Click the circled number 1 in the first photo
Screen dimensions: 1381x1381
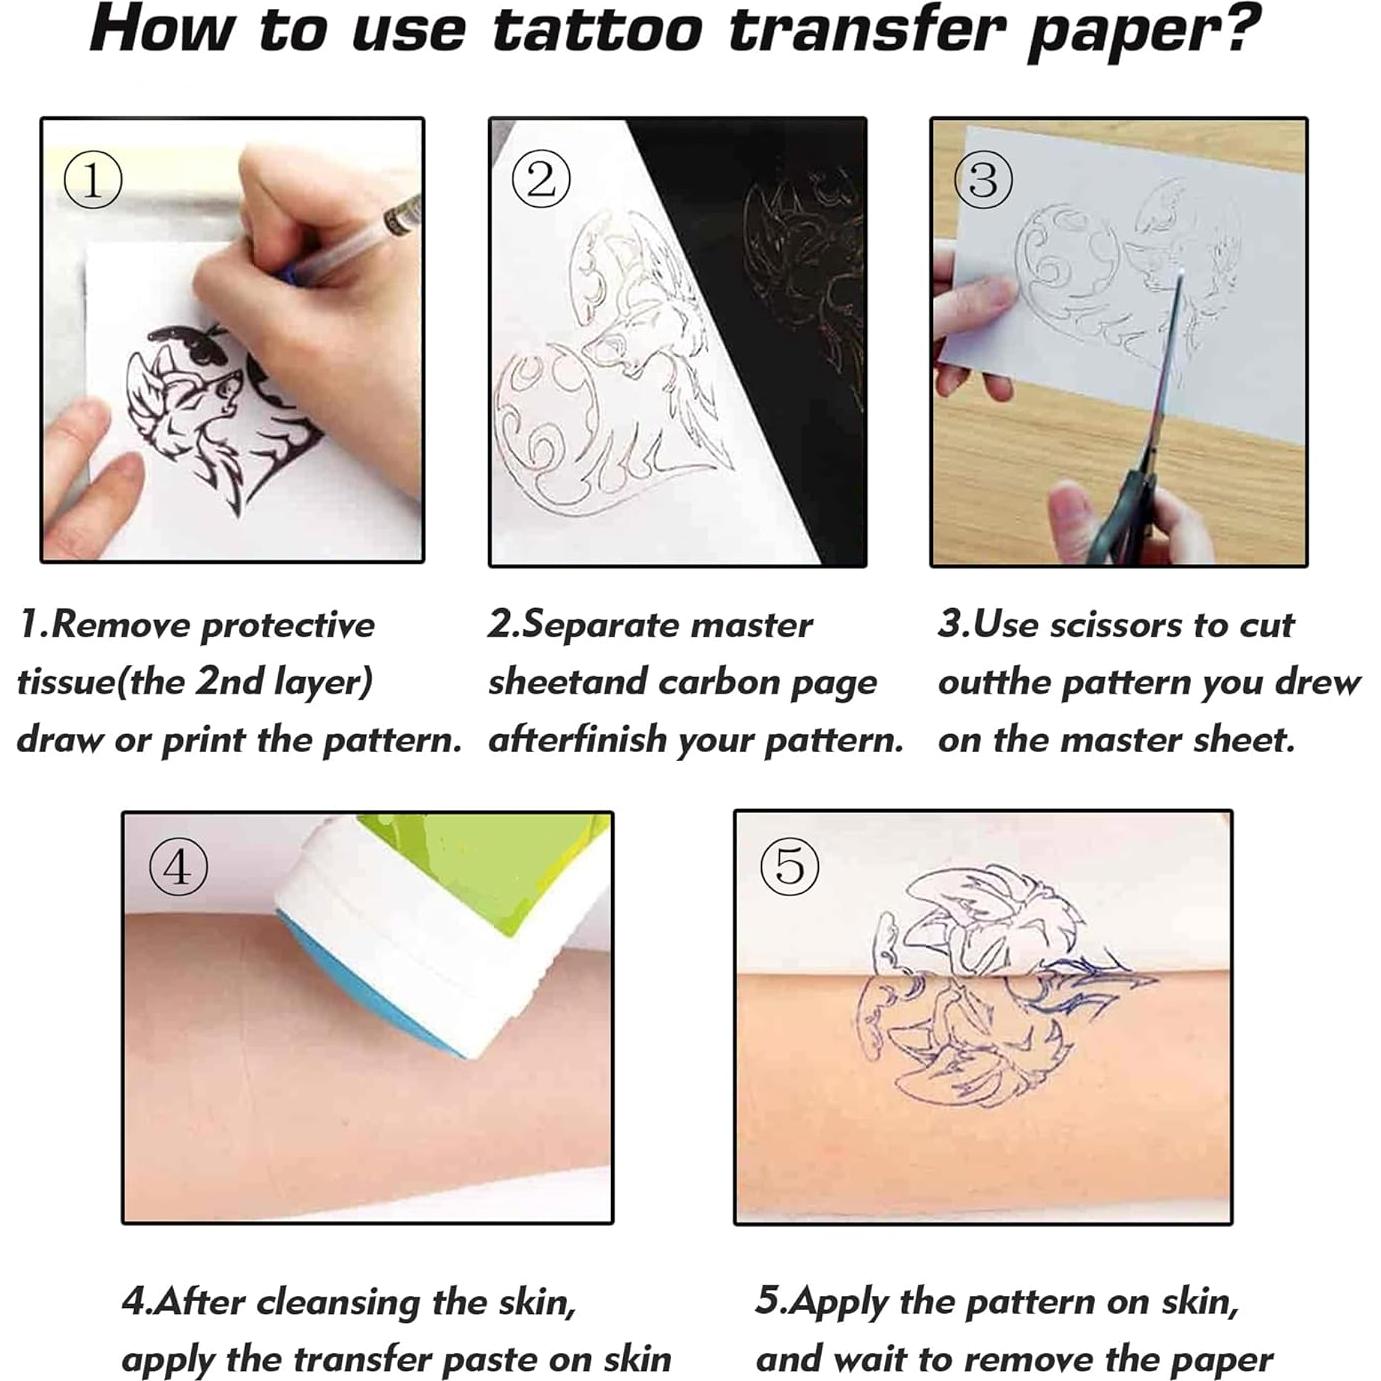pyautogui.click(x=93, y=181)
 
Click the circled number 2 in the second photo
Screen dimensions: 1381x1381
pyautogui.click(x=541, y=181)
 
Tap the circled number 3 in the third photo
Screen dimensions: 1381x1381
pyautogui.click(x=984, y=181)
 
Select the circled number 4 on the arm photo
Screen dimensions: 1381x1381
pyautogui.click(x=178, y=867)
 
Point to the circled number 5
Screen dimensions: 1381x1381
pyautogui.click(x=790, y=866)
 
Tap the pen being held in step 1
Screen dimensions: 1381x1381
pyautogui.click(x=360, y=240)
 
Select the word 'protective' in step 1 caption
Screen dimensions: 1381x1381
pyautogui.click(x=288, y=626)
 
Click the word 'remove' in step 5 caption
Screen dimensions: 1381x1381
pyautogui.click(x=1031, y=1359)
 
